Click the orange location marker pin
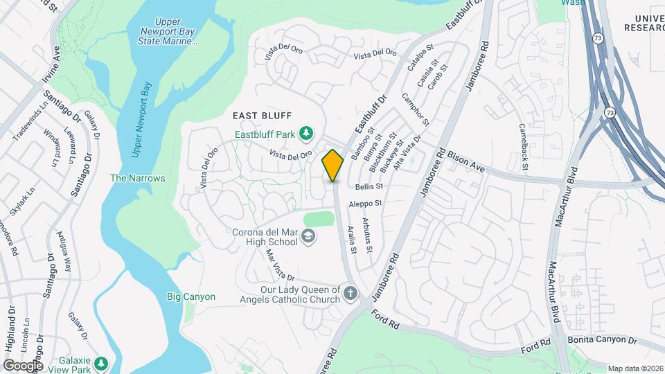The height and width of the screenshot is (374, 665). click(x=333, y=166)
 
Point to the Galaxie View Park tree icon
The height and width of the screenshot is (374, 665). click(x=102, y=363)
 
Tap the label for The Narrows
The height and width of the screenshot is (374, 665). click(x=138, y=178)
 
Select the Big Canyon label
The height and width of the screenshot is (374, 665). click(x=191, y=296)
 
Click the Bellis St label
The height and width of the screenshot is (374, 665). click(x=369, y=186)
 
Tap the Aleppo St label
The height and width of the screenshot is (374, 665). click(x=366, y=204)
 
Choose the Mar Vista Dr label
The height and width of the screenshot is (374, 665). click(x=281, y=265)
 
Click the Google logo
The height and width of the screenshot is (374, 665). click(x=23, y=365)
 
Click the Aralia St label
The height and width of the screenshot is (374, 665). click(x=353, y=240)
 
